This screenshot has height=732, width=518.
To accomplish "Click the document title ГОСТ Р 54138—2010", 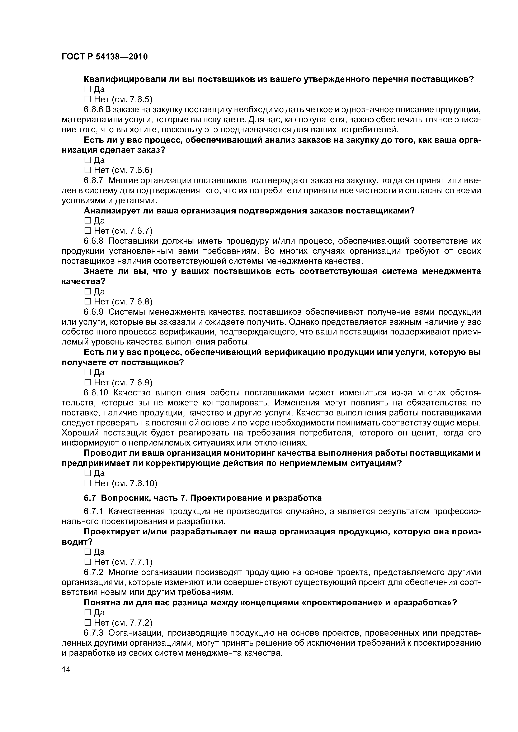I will [104, 57].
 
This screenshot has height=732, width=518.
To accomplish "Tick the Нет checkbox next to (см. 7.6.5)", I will [88, 100].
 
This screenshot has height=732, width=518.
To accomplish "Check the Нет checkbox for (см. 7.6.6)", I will [88, 170].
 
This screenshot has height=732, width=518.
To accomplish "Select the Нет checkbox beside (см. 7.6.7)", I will [88, 231].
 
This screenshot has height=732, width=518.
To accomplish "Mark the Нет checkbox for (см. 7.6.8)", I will [88, 301].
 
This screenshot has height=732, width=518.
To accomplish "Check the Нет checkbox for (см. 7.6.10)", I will [88, 483].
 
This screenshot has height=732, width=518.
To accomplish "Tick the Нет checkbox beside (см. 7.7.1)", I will [88, 570].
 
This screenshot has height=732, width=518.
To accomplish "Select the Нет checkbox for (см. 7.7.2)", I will [88, 631].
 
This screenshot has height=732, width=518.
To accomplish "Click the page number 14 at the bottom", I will [66, 678].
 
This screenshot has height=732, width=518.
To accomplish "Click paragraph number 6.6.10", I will [96, 393].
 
